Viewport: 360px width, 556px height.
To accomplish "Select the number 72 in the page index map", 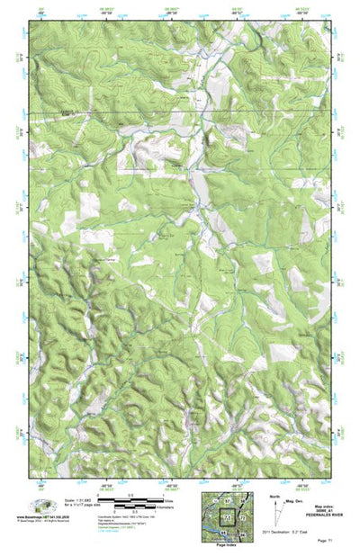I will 242,520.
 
